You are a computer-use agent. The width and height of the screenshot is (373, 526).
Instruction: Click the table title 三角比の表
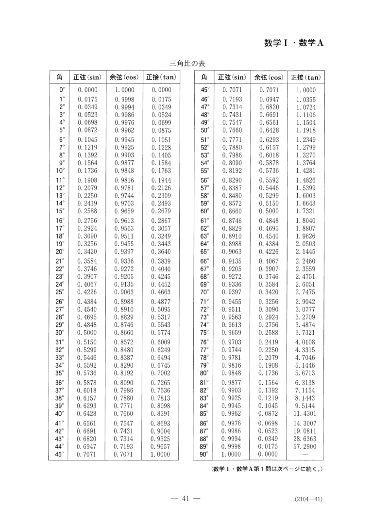point(187,64)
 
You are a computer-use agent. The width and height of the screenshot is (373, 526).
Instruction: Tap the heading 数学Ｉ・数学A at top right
point(294,42)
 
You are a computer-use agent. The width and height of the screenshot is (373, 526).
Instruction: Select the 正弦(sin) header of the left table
point(87,77)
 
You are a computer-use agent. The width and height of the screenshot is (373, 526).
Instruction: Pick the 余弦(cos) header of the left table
point(124,77)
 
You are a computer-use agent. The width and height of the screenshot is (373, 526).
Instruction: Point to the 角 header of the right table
point(204,77)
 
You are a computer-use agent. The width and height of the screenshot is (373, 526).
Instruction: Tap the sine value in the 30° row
point(87,332)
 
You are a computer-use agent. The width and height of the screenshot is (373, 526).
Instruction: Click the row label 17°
point(60,228)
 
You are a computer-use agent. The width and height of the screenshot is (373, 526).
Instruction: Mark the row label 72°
point(204,309)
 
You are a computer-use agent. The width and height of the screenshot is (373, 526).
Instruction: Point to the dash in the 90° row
point(305,454)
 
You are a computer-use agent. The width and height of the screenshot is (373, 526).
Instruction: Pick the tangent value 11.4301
point(305,414)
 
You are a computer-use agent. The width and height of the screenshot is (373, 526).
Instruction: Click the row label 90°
point(204,454)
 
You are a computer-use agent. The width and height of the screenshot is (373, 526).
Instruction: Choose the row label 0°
point(62,90)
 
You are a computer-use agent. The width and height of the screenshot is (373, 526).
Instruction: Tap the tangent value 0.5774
point(161,332)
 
